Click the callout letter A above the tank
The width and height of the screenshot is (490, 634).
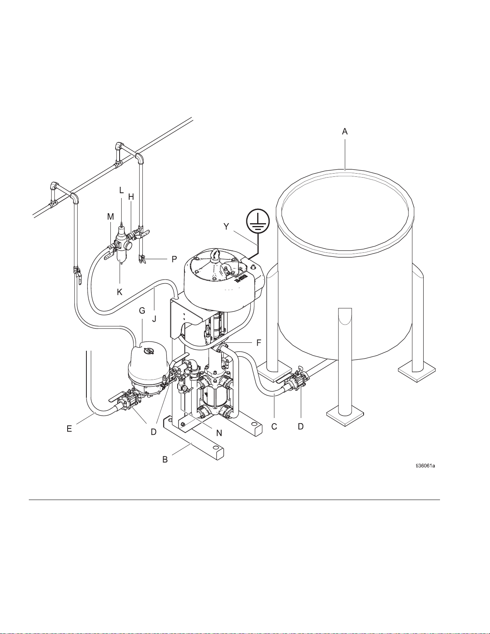click(x=345, y=132)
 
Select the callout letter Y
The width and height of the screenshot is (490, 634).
click(x=226, y=226)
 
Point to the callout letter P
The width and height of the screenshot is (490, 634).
click(x=174, y=259)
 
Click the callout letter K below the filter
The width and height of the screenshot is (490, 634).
click(x=120, y=292)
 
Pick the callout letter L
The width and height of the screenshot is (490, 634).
click(x=121, y=190)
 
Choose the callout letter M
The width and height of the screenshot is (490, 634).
click(x=110, y=216)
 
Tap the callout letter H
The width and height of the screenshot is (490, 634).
click(x=131, y=197)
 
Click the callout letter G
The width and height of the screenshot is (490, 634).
click(x=142, y=311)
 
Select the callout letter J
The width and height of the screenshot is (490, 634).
click(x=154, y=319)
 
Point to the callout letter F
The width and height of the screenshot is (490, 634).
click(x=259, y=343)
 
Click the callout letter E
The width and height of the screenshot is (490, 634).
click(x=69, y=428)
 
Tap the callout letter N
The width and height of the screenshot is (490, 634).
click(x=219, y=433)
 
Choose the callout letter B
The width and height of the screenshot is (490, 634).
click(x=165, y=460)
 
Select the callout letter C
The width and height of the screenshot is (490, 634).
click(x=274, y=426)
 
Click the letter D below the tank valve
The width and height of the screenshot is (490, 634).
click(x=301, y=426)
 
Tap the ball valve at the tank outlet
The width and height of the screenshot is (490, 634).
click(x=297, y=382)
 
